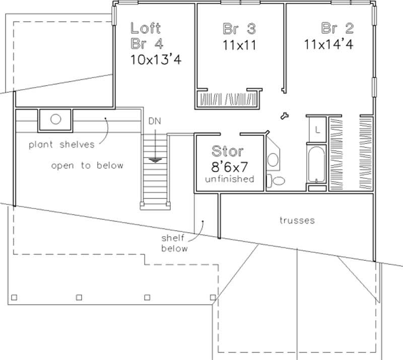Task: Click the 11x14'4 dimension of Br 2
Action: [x=328, y=44]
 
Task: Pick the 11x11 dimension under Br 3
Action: [x=239, y=44]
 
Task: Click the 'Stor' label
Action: [x=228, y=151]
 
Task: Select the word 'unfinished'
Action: [x=229, y=179]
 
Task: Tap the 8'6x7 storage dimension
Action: [x=229, y=167]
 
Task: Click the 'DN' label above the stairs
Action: [x=155, y=121]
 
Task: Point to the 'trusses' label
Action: [x=297, y=220]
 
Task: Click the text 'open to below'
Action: [x=87, y=165]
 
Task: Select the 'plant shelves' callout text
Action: [x=61, y=145]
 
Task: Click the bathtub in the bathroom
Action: [x=316, y=164]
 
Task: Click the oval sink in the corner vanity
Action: [x=273, y=160]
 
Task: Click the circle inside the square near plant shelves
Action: [x=55, y=120]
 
